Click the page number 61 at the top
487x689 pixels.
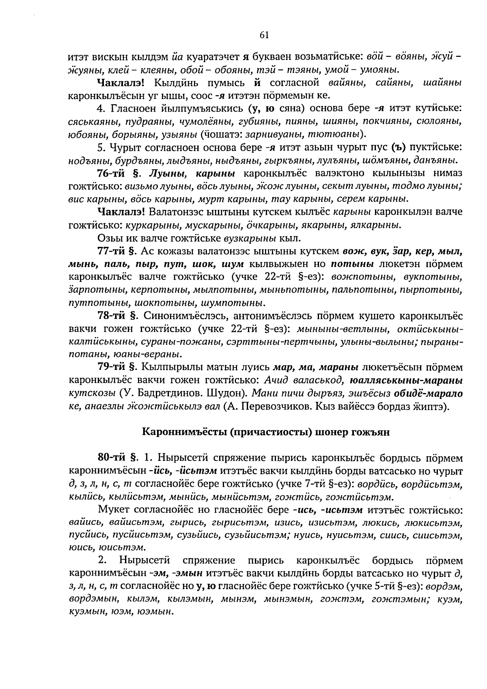pos(264,35)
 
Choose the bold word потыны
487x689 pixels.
pos(352,264)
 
